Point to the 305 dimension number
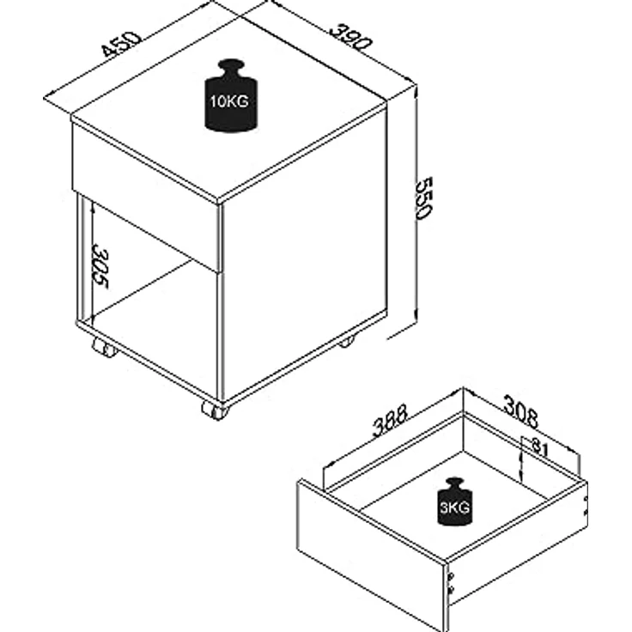[x=100, y=268]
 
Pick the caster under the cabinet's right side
[x=345, y=341]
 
